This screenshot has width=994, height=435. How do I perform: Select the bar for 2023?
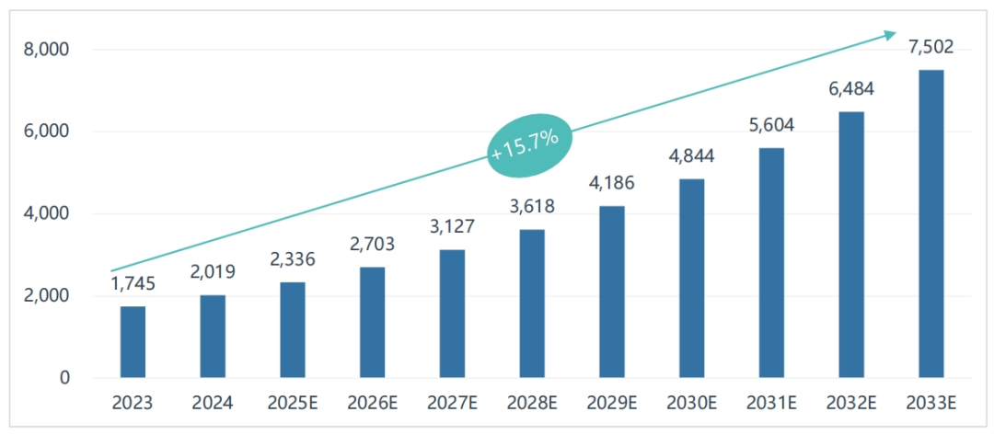[133, 342]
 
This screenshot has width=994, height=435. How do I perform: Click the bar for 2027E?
[452, 314]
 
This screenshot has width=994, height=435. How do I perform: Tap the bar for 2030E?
[691, 279]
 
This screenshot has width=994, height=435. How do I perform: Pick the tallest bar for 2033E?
[930, 223]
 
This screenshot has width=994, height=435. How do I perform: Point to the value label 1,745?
[133, 284]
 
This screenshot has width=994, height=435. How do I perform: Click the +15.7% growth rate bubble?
[530, 143]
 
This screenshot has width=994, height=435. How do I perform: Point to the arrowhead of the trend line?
[889, 35]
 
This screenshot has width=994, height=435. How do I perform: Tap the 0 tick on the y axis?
[65, 378]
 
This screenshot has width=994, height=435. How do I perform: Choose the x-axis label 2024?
[213, 403]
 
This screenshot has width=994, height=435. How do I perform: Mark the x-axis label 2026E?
[372, 403]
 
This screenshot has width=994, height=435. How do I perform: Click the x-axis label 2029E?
[611, 403]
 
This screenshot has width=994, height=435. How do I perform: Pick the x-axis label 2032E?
[851, 403]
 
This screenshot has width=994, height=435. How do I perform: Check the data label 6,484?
[851, 90]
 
